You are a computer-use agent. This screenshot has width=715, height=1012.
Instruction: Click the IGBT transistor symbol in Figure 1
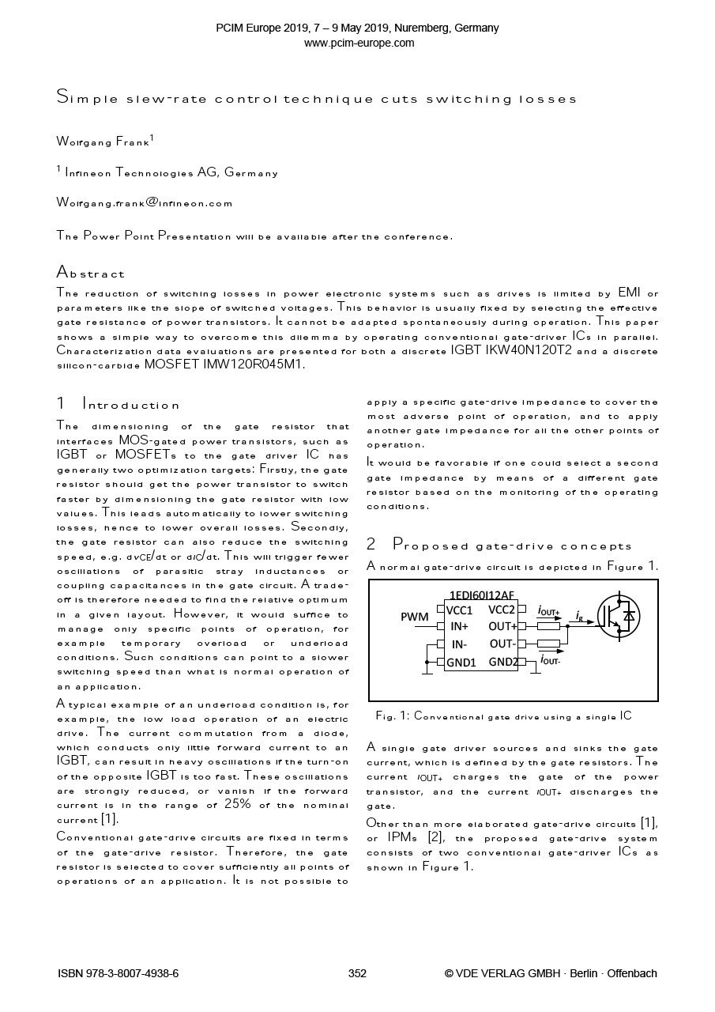tap(618, 615)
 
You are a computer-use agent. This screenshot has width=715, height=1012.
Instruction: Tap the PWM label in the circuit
tap(415, 617)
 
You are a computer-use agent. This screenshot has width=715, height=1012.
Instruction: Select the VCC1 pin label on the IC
tap(459, 610)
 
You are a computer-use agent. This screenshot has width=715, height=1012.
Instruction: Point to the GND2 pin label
tap(503, 662)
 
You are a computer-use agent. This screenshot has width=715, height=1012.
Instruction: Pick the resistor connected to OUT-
tap(548, 644)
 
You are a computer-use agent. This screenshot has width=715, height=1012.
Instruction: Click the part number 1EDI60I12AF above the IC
tap(481, 595)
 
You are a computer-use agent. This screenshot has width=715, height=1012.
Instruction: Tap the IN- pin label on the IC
tap(458, 644)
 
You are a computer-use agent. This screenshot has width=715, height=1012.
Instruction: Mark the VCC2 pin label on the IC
tap(502, 610)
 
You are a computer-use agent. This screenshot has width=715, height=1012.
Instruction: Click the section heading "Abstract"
tap(91, 274)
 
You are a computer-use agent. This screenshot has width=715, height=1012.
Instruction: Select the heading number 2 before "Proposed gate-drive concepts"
tap(371, 546)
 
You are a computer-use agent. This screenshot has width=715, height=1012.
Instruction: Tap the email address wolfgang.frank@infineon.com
tap(145, 202)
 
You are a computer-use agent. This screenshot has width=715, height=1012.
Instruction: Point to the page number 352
tap(357, 973)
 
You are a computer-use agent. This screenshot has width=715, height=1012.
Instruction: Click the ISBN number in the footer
tap(119, 973)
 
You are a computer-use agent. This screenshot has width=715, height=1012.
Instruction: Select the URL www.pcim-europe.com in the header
tap(359, 43)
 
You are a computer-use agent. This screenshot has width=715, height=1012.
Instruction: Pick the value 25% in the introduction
tap(238, 805)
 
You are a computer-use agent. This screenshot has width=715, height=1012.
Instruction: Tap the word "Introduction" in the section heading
tap(131, 406)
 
